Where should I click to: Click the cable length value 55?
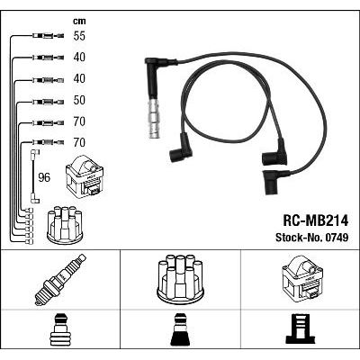[x=79, y=36]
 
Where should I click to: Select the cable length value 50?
[x=79, y=100]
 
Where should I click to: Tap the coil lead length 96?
[x=44, y=177]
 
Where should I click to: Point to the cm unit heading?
[x=79, y=21]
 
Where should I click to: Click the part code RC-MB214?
[x=316, y=221]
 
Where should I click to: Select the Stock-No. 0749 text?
[x=312, y=238]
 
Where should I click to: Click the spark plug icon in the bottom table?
[x=60, y=280]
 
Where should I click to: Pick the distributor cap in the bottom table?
[x=180, y=278]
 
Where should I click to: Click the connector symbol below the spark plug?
[x=60, y=329]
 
